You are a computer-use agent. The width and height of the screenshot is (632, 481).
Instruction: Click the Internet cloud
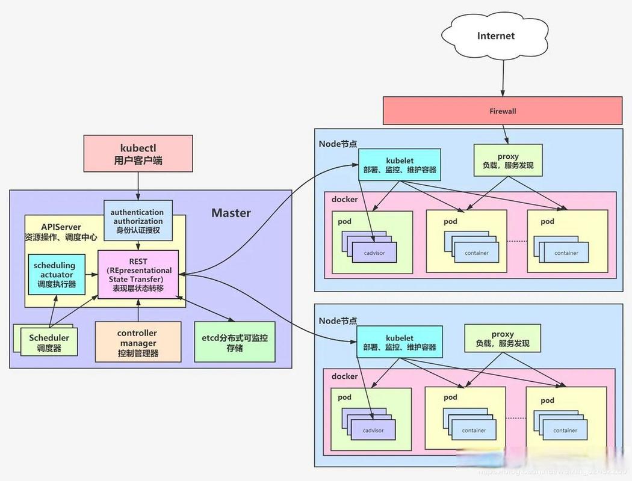[x=495, y=36]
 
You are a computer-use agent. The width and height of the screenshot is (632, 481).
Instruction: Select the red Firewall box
[x=503, y=111]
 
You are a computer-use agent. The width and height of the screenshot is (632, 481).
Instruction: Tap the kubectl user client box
[x=138, y=154]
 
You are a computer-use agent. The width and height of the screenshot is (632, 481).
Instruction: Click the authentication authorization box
[x=138, y=221]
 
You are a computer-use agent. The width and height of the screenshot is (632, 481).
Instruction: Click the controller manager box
[x=138, y=342]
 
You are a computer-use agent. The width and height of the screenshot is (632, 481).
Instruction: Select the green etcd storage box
[x=235, y=342]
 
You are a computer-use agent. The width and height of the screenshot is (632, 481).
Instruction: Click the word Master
[x=231, y=213]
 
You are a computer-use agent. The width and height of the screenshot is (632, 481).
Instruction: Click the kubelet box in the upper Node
[x=400, y=165]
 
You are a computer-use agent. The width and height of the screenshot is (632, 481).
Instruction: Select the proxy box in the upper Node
[x=508, y=161]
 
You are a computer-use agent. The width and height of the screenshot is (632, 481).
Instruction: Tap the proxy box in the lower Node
[x=503, y=339]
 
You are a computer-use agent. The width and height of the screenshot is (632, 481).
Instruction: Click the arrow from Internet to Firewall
[x=503, y=77]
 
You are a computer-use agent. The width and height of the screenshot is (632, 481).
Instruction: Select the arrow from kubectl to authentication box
[x=138, y=185]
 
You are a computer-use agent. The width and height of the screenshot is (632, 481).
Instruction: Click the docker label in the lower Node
[x=344, y=376]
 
